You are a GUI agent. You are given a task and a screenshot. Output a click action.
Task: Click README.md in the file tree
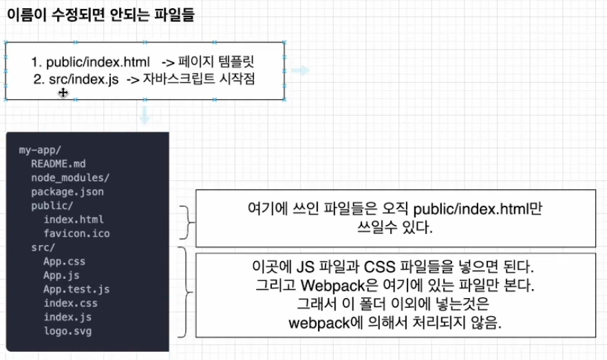tap(58, 164)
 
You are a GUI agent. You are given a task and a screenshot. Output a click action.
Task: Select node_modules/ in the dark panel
tap(70, 178)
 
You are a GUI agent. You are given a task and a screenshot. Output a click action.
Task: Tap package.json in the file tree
tap(67, 191)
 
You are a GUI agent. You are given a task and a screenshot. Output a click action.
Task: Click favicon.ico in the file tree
tap(76, 233)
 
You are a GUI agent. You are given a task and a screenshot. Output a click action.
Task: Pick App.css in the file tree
tap(64, 262)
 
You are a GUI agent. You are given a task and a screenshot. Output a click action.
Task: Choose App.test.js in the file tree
tap(76, 289)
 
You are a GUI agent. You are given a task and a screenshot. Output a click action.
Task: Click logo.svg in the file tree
tap(67, 331)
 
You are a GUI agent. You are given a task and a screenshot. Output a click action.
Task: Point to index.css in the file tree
tap(70, 303)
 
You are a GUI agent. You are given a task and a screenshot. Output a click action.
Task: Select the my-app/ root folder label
tap(39, 149)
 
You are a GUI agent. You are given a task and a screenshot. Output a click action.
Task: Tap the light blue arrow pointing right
tap(299, 70)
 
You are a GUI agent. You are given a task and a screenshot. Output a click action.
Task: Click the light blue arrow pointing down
tap(144, 115)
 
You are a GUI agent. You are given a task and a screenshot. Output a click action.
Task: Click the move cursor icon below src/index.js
tap(63, 92)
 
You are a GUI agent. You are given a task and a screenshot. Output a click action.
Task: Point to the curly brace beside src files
tap(184, 293)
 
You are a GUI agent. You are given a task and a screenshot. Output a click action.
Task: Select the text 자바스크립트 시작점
tap(199, 79)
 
